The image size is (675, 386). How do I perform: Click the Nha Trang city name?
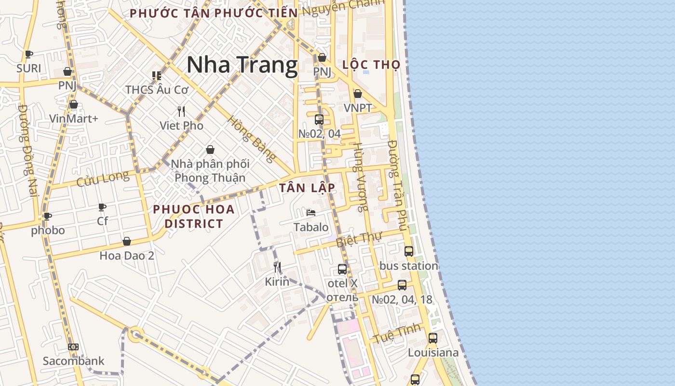[x=242, y=65]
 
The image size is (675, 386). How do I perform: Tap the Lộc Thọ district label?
[x=371, y=65]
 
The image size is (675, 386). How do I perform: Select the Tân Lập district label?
[x=307, y=188]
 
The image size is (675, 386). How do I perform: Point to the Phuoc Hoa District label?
[x=194, y=216]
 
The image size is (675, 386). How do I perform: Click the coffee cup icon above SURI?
[x=29, y=54]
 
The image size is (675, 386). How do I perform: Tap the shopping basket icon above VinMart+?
[x=74, y=104]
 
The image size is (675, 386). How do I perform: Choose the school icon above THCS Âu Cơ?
[x=157, y=75]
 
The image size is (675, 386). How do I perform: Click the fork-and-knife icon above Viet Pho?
[x=181, y=111]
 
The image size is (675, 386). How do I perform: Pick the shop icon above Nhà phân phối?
[x=210, y=150]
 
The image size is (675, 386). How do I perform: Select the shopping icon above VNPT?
[x=358, y=94]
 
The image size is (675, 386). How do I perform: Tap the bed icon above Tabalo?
[x=311, y=212]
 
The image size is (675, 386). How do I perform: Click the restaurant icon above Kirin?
[x=277, y=267]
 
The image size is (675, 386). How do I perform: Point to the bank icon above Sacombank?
[x=73, y=346]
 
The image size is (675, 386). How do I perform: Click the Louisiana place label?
[x=433, y=353]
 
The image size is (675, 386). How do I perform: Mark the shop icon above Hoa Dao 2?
[x=127, y=241]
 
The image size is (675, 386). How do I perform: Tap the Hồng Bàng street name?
[x=252, y=139]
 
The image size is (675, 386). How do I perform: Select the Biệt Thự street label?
[x=359, y=239]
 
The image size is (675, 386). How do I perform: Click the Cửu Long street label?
[x=103, y=179]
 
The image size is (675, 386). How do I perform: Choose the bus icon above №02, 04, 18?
[x=402, y=285]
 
